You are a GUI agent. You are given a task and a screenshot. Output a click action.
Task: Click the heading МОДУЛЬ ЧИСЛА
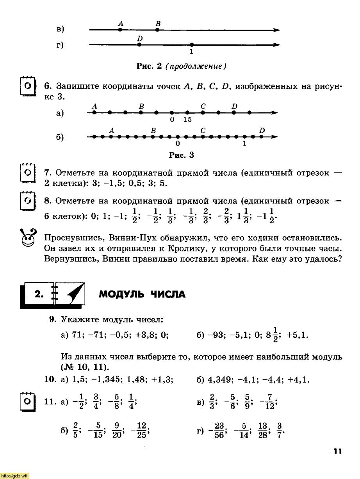click(x=142, y=294)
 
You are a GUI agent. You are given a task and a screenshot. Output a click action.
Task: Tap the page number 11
click(x=338, y=451)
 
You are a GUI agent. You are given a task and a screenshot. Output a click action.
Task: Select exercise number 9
click(x=53, y=319)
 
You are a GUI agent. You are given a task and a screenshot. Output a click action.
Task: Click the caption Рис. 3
click(x=181, y=155)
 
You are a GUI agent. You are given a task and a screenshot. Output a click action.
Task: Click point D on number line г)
click(x=139, y=45)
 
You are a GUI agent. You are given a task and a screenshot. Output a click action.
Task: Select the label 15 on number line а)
click(x=187, y=120)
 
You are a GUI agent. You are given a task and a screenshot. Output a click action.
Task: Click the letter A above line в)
click(x=121, y=24)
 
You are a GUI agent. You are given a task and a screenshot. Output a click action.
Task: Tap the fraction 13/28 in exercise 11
click(x=263, y=431)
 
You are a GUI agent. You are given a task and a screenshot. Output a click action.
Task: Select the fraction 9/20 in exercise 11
click(x=117, y=431)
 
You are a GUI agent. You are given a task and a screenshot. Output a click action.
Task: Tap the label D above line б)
click(x=262, y=130)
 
